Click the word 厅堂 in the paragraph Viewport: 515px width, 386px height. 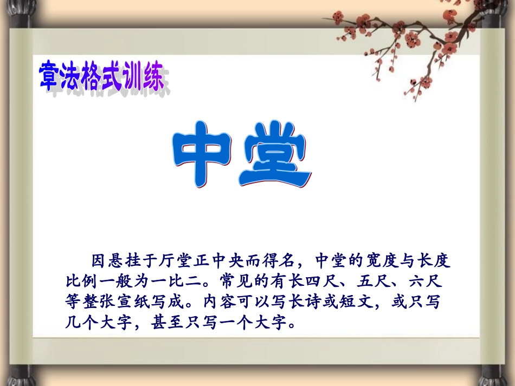(x=173, y=261)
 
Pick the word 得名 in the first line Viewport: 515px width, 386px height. (x=280, y=261)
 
